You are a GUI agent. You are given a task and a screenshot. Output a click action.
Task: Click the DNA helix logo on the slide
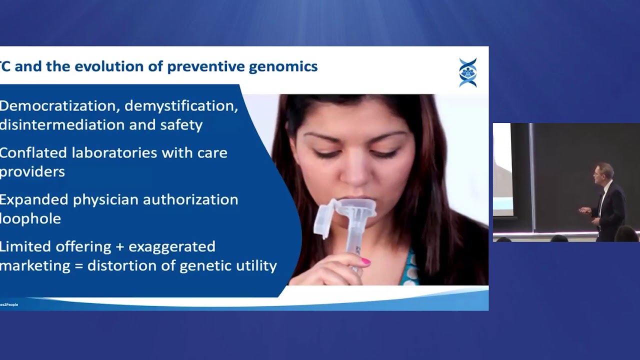[467, 72]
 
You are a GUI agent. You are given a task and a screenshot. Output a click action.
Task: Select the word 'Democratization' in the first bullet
[58, 106]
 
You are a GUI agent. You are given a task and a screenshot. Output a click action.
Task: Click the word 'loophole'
[30, 218]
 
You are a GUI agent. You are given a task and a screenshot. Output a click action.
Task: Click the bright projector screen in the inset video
[502, 170]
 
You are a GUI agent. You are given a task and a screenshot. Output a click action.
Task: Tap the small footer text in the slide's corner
[9, 304]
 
